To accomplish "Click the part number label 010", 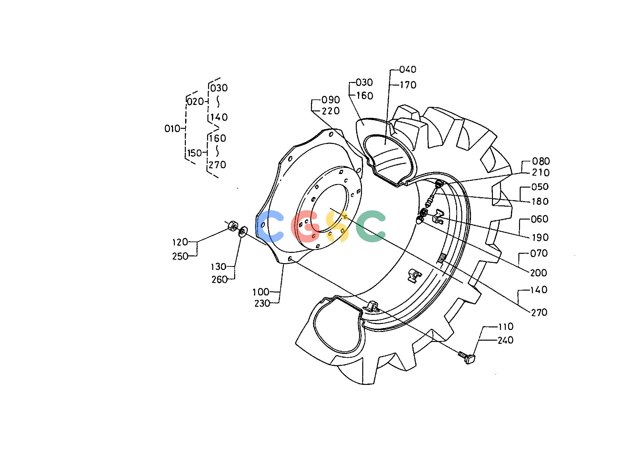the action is pyautogui.click(x=172, y=129).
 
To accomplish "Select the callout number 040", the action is pyautogui.click(x=408, y=69).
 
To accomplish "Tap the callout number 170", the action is pyautogui.click(x=408, y=85).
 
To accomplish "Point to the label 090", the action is pyautogui.click(x=331, y=99).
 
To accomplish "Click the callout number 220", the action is pyautogui.click(x=331, y=111).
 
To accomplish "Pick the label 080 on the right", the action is pyautogui.click(x=541, y=161).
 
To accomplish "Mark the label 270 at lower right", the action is pyautogui.click(x=539, y=313).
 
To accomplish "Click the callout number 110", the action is pyautogui.click(x=505, y=327).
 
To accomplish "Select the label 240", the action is pyautogui.click(x=505, y=340).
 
